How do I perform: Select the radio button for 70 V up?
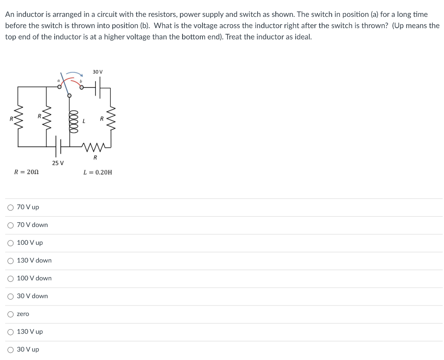click(10, 208)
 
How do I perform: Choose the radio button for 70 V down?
click(10, 225)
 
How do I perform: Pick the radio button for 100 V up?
click(10, 243)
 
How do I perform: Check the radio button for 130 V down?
click(10, 261)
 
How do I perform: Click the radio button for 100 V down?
click(10, 279)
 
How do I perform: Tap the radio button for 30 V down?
click(10, 296)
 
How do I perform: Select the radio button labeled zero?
click(10, 314)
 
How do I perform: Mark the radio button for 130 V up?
click(10, 332)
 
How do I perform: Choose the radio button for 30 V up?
click(10, 350)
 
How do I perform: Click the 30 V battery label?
click(98, 71)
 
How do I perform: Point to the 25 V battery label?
click(58, 163)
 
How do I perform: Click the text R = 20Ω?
click(26, 172)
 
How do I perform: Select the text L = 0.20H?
click(98, 172)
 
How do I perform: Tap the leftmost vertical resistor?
click(18, 117)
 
